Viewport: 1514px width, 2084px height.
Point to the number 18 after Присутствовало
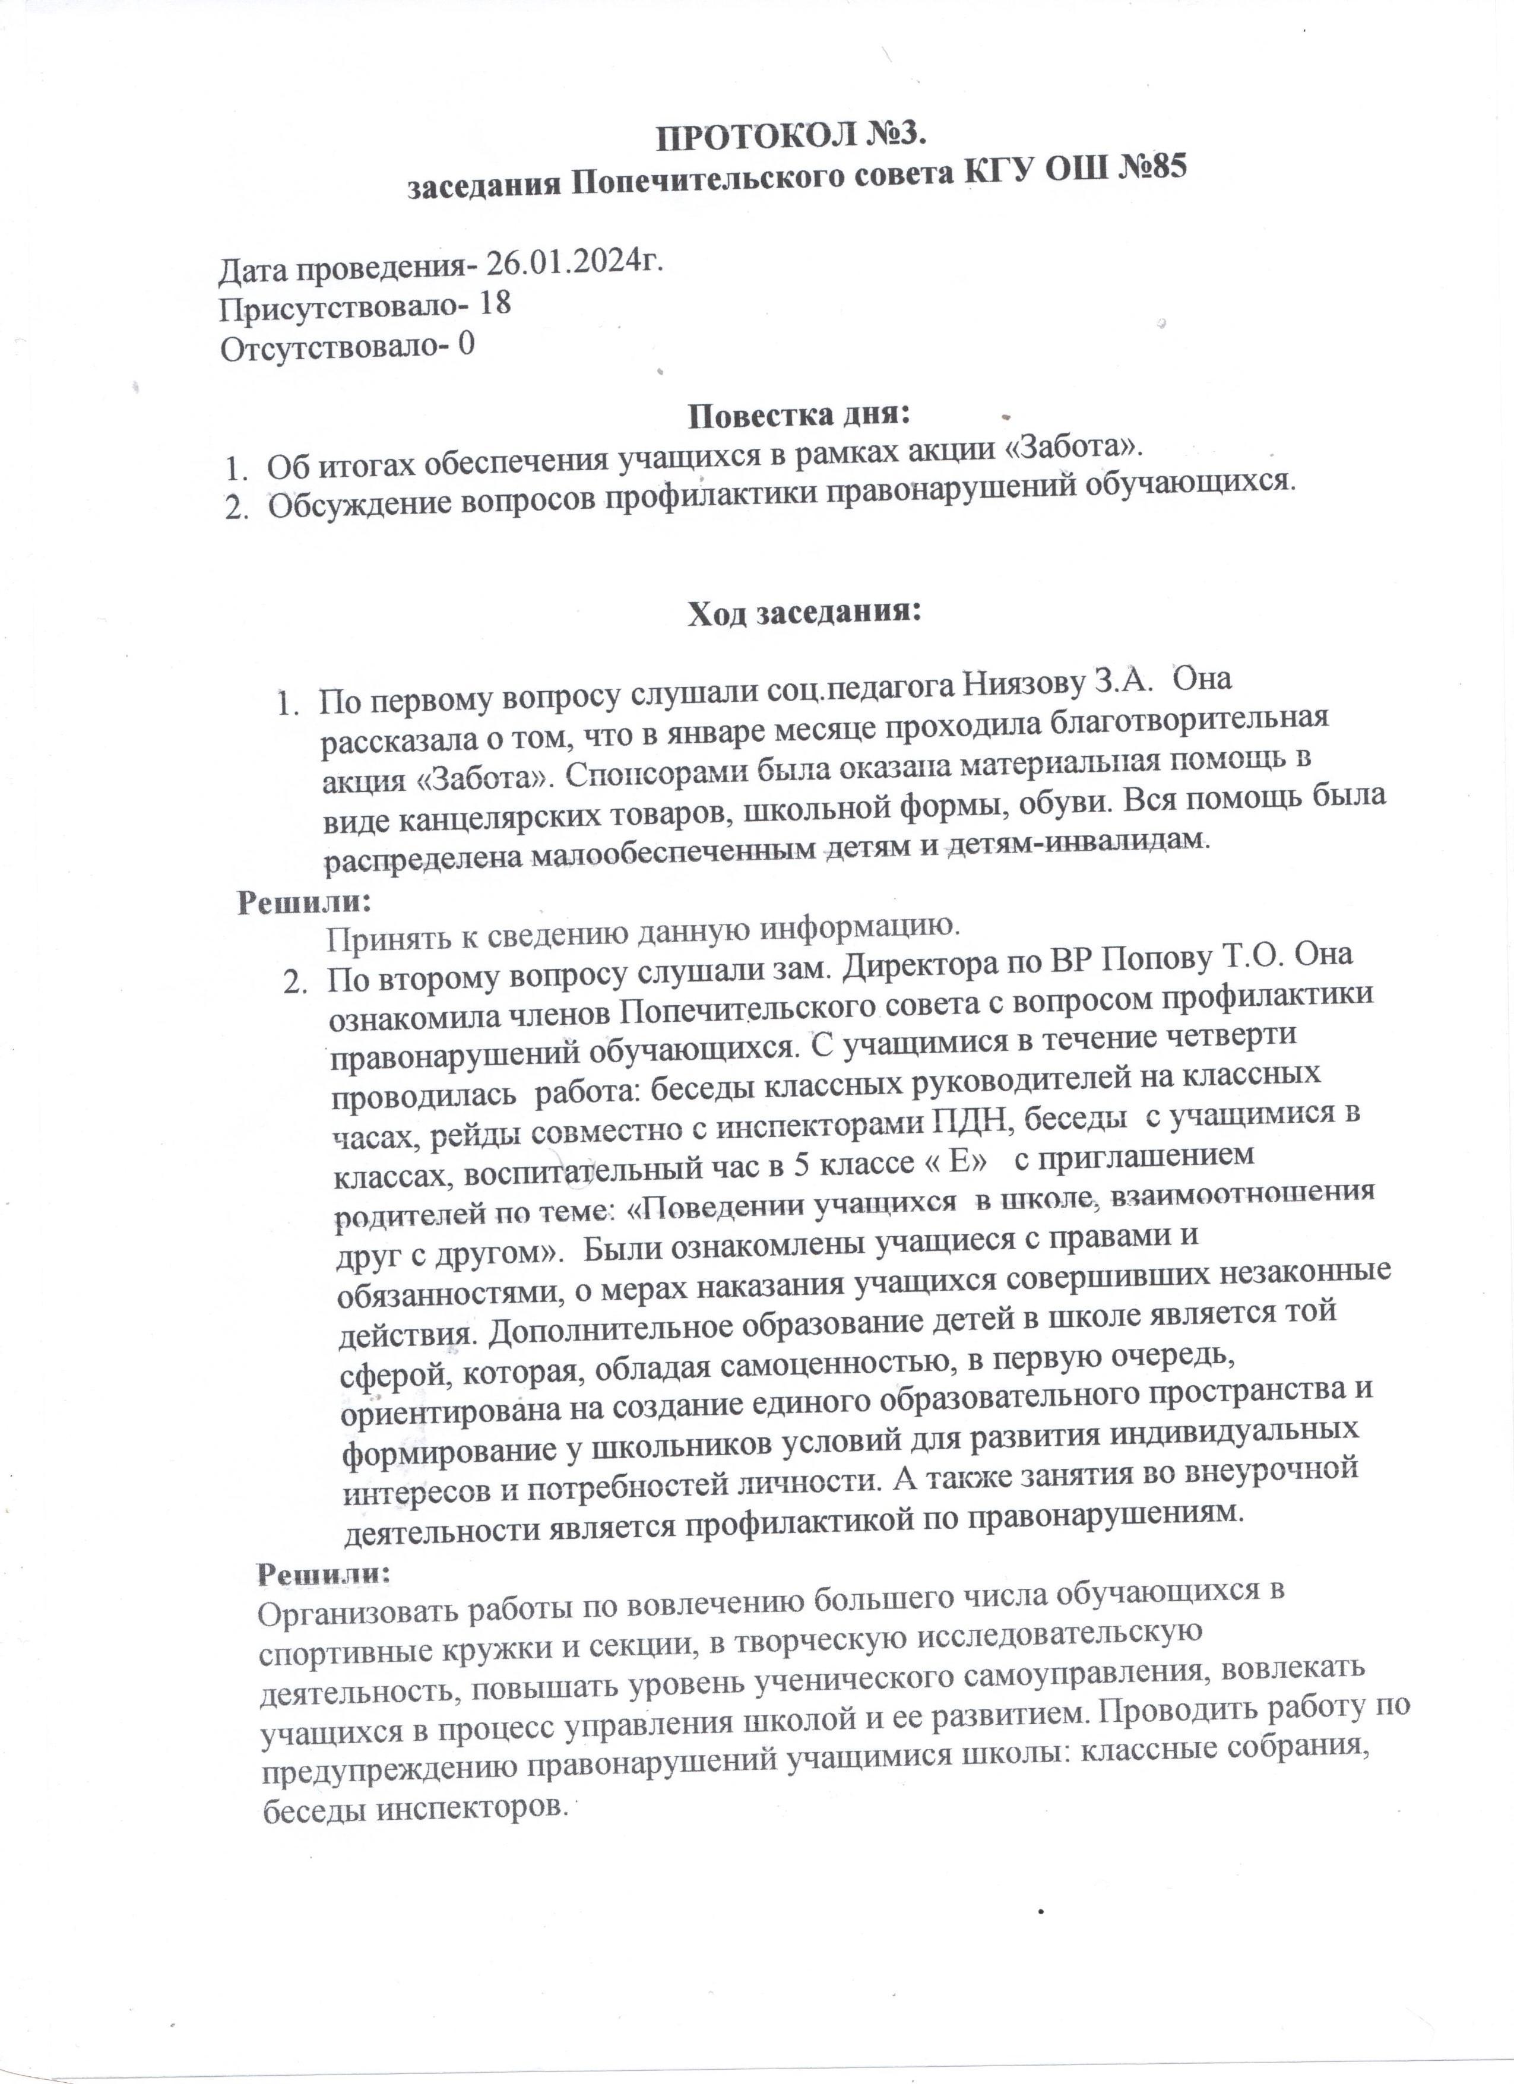tap(494, 304)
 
